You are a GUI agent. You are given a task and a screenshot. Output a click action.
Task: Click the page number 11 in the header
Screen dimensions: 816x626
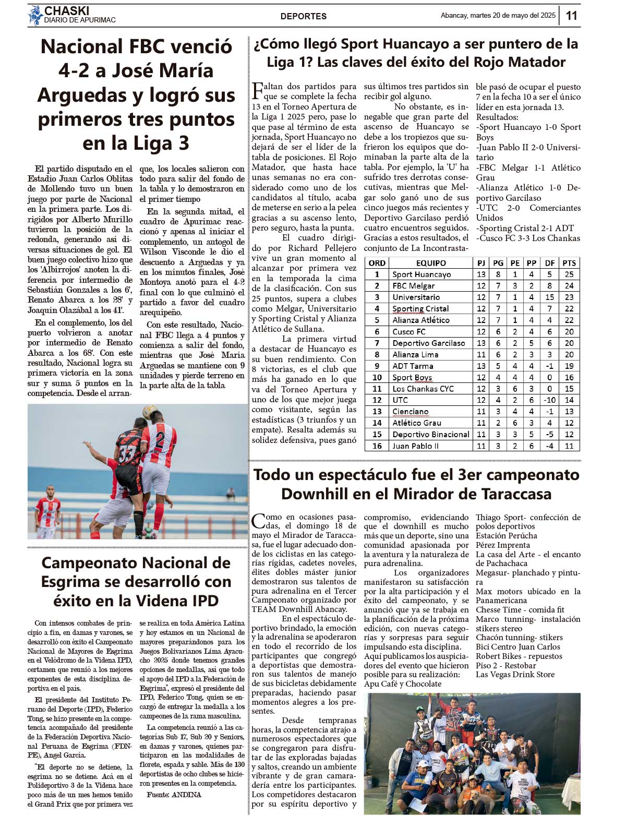pos(572,16)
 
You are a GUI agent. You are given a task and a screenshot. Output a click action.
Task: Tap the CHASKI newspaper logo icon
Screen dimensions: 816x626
pos(35,15)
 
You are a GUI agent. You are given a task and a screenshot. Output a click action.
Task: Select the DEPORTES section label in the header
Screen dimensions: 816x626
pos(304,16)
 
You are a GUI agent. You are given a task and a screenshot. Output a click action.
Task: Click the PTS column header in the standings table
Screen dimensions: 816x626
pos(569,263)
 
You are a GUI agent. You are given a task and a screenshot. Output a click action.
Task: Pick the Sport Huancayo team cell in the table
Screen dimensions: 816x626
pos(422,274)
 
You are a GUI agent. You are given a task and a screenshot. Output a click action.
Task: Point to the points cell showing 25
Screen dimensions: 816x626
pos(569,274)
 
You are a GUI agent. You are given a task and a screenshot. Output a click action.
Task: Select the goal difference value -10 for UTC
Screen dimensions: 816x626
pos(549,400)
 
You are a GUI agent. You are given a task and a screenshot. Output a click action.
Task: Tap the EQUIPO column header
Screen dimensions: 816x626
pos(431,263)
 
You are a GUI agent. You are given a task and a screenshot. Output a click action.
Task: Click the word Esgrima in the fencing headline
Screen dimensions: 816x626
pos(71,582)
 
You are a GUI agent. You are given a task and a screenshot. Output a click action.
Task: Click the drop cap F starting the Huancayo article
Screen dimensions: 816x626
pos(258,90)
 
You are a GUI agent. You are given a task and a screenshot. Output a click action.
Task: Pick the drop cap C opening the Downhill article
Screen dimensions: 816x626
pos(258,521)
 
